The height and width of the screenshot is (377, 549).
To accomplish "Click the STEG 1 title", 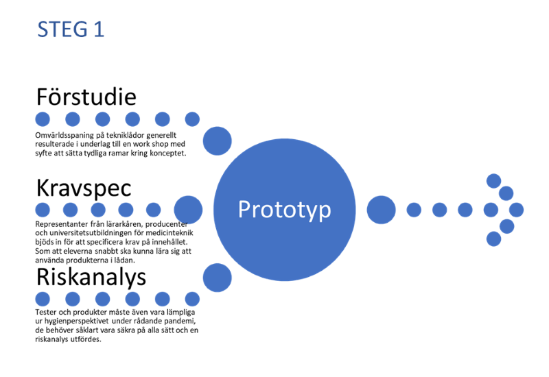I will pyautogui.click(x=71, y=29).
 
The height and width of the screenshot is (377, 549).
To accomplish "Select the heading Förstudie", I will pyautogui.click(x=86, y=97).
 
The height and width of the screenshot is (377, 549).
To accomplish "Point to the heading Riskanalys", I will pyautogui.click(x=91, y=277).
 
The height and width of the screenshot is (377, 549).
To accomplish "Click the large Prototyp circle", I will pyautogui.click(x=284, y=209).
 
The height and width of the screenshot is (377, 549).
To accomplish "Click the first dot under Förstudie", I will pyautogui.click(x=43, y=119).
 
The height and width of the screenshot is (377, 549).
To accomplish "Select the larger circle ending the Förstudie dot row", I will pyautogui.click(x=218, y=140).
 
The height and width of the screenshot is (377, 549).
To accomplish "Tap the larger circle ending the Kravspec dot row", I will pyautogui.click(x=188, y=209).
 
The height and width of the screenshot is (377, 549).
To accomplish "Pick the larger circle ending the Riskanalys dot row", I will pyautogui.click(x=218, y=278).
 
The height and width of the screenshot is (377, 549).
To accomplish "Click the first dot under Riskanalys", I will pyautogui.click(x=43, y=299).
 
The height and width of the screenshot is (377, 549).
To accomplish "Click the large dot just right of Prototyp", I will pyautogui.click(x=382, y=210).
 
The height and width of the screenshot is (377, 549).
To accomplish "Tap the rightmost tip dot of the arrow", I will pyautogui.click(x=516, y=210).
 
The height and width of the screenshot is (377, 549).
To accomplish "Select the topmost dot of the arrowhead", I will pyautogui.click(x=493, y=181).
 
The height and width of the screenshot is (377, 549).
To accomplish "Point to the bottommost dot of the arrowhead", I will pyautogui.click(x=493, y=239).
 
